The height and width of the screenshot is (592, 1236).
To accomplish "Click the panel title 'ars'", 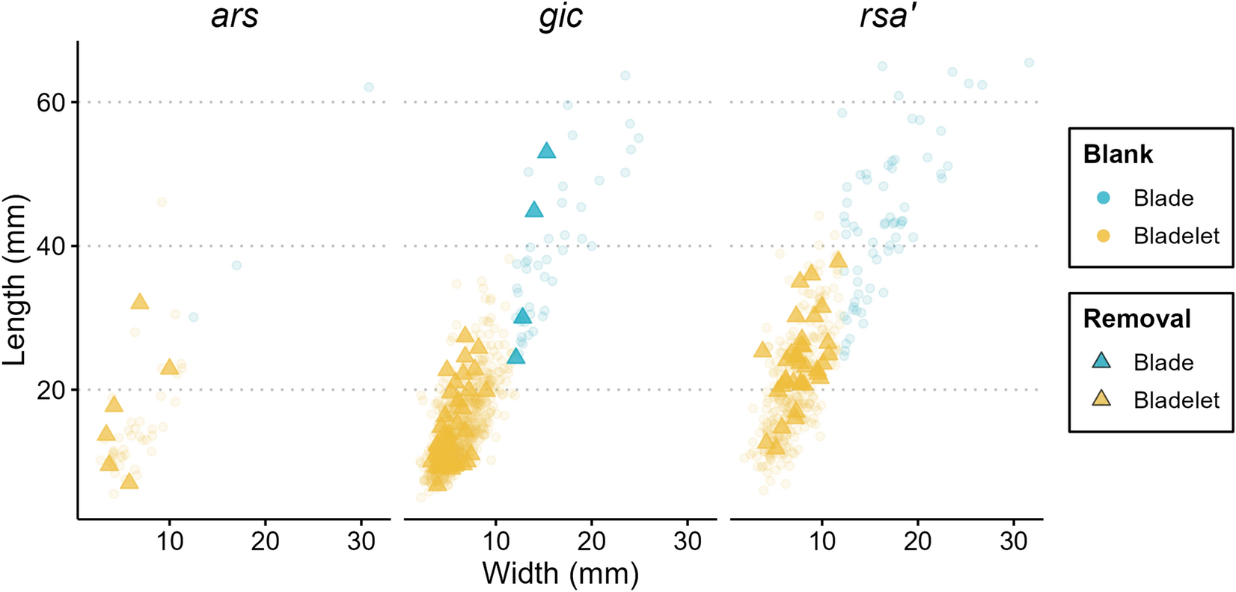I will pyautogui.click(x=234, y=16).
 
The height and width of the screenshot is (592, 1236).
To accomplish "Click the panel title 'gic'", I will pyautogui.click(x=560, y=16).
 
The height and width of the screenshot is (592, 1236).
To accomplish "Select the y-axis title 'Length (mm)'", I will pyautogui.click(x=15, y=279).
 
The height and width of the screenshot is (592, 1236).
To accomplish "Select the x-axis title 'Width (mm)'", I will pyautogui.click(x=560, y=574).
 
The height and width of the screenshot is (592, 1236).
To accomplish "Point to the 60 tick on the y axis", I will pyautogui.click(x=52, y=102).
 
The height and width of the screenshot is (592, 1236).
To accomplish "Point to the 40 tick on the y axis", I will pyautogui.click(x=52, y=246).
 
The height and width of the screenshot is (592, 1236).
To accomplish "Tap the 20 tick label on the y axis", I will pyautogui.click(x=52, y=390).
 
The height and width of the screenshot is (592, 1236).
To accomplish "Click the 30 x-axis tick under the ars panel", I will pyautogui.click(x=361, y=540).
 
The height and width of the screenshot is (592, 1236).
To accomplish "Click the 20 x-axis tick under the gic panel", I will pyautogui.click(x=591, y=540).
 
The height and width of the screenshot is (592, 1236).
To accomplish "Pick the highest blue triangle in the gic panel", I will pyautogui.click(x=547, y=151).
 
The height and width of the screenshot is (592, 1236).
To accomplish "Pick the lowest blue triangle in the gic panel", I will pyautogui.click(x=515, y=356).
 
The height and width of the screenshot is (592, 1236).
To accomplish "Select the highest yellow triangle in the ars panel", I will pyautogui.click(x=140, y=302).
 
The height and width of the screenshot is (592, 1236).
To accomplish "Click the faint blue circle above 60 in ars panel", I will pyautogui.click(x=369, y=87).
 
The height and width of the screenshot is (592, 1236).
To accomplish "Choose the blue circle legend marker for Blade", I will pyautogui.click(x=1103, y=198).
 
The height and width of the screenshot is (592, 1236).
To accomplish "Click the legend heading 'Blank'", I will pyautogui.click(x=1118, y=154).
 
